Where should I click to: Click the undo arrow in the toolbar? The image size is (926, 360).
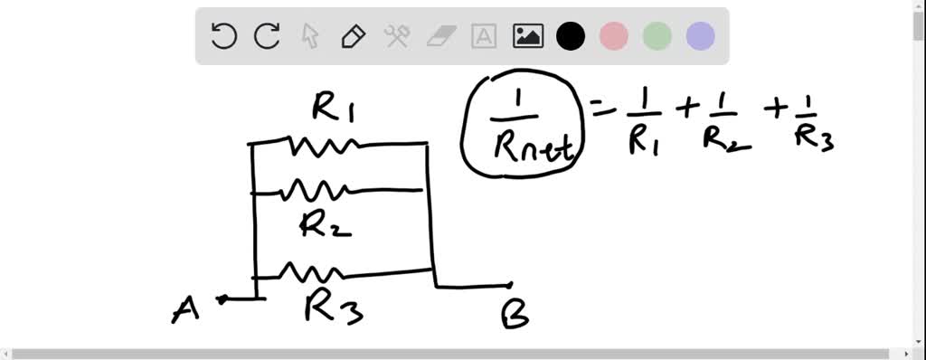pos(223,36)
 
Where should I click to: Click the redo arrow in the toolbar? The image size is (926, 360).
pos(267,36)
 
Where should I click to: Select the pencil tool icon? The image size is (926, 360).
pos(353,36)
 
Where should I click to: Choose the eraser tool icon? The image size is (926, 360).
pos(441,36)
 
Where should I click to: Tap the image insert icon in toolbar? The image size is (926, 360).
pos(528,36)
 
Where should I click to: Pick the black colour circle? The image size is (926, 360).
pos(571,36)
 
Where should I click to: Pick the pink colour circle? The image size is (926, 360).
pos(614,36)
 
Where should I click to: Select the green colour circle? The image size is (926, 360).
pos(657,36)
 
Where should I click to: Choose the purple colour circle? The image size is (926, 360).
pos(701,36)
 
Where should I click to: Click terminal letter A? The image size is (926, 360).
pos(185,309)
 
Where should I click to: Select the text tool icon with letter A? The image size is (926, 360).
pos(485,36)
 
